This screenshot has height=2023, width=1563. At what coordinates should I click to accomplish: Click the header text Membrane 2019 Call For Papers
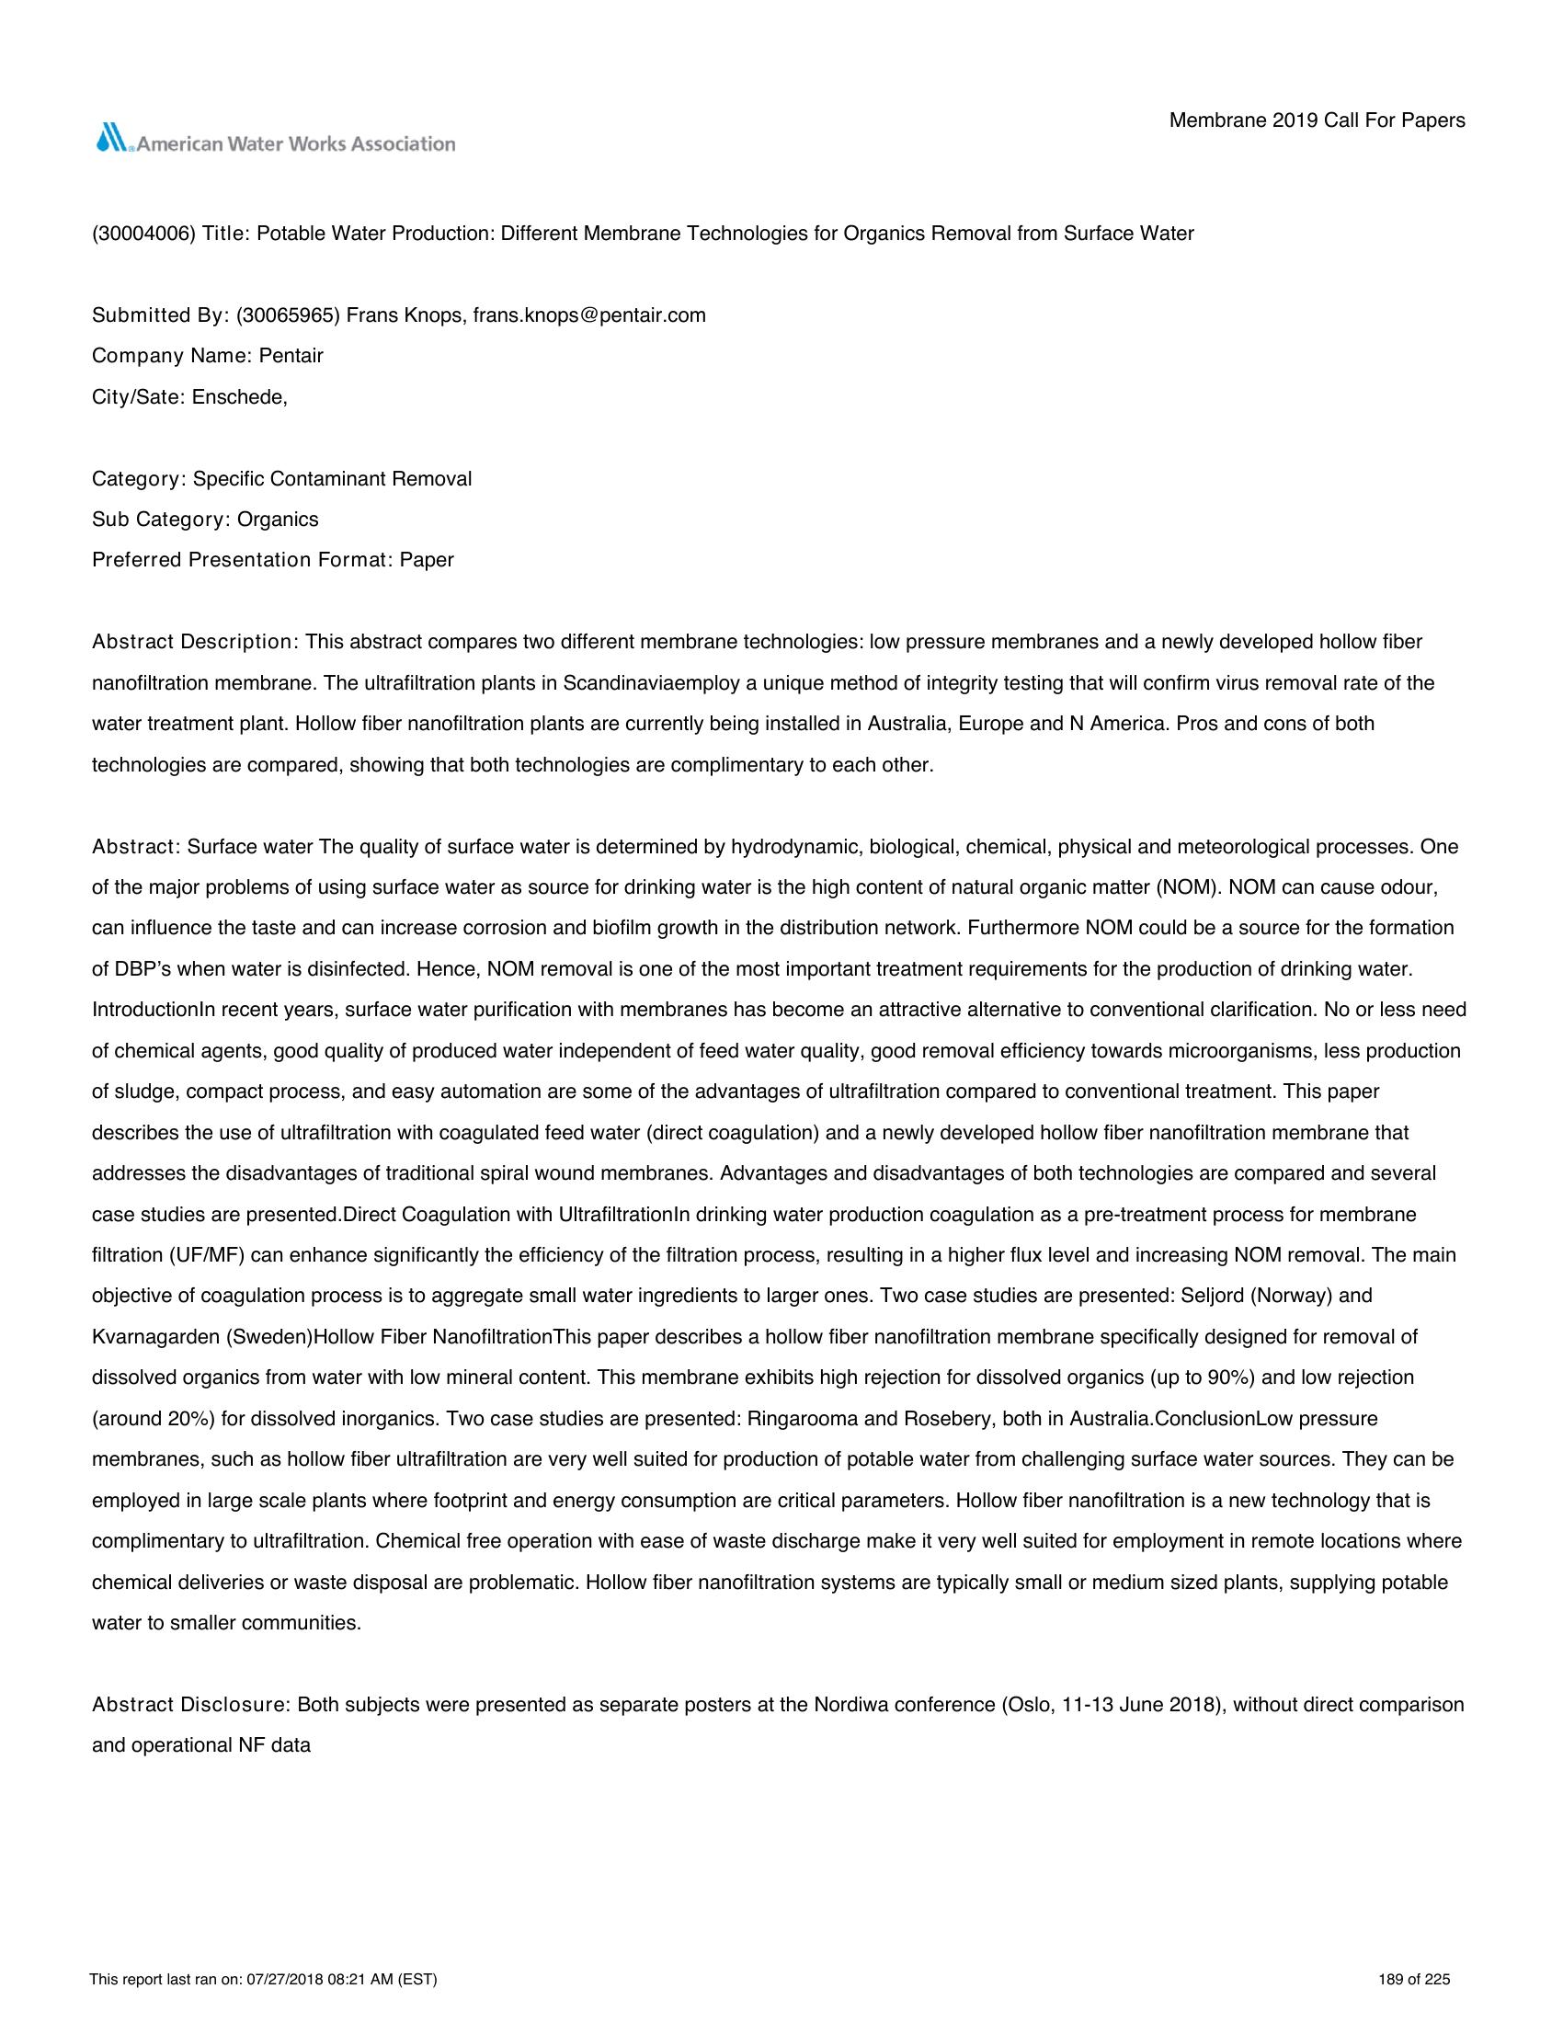[x=1317, y=120]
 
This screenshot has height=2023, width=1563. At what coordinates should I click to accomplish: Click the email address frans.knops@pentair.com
[x=589, y=314]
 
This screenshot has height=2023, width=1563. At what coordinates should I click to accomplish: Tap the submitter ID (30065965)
[x=289, y=314]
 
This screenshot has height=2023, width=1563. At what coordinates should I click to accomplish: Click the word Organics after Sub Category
[x=278, y=520]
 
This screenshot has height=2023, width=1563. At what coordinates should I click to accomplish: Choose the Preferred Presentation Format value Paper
[x=427, y=560]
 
